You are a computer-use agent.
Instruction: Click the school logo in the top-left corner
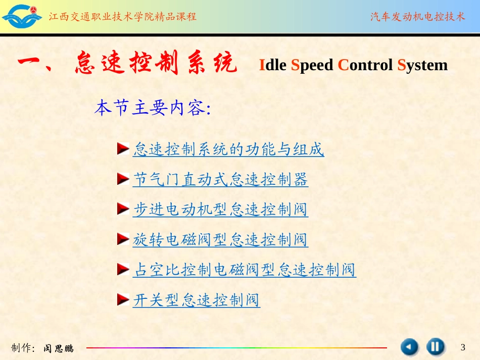coord(22,16)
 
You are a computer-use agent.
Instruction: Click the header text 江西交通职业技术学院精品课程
coord(123,17)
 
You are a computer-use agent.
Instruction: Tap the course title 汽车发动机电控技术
coord(417,17)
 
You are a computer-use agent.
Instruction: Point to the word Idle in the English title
coord(273,65)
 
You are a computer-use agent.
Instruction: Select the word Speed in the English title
coord(312,65)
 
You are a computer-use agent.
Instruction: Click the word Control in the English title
coord(365,65)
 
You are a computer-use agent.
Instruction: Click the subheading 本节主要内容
coord(152,108)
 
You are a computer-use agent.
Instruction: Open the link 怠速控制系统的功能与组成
coord(228,149)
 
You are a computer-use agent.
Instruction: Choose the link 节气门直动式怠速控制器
coord(220,180)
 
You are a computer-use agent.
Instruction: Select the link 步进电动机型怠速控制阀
coord(220,210)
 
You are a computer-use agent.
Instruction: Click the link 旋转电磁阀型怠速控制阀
coord(220,239)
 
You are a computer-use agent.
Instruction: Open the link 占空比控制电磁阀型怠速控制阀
coord(245,270)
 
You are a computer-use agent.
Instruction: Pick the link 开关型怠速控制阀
coord(196,300)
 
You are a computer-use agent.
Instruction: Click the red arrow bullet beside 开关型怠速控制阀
coord(123,300)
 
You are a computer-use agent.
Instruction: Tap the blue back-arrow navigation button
coord(410,347)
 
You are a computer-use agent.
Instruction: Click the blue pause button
coord(435,347)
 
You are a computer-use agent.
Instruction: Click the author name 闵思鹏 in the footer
coord(58,348)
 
